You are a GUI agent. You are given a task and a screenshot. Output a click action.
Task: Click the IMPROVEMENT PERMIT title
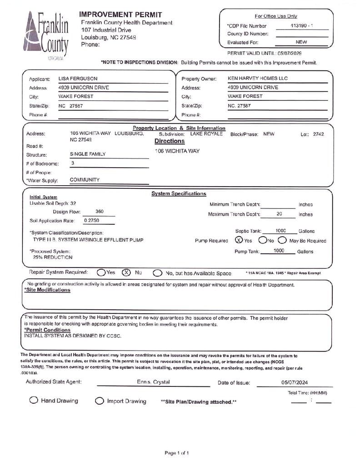point(120,15)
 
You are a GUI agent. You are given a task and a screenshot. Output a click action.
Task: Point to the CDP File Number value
point(301,26)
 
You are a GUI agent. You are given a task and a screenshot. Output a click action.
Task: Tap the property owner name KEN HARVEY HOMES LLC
point(257,79)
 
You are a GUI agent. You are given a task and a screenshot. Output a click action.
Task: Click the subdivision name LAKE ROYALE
point(206,134)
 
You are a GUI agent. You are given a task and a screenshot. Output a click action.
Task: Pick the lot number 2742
point(318,134)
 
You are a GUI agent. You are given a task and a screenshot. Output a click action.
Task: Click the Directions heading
point(170,141)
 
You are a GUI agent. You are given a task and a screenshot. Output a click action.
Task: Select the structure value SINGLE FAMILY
point(88,154)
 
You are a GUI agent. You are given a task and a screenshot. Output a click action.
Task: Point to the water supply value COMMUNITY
point(85,180)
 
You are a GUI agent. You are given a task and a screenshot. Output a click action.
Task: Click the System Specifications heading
point(179,194)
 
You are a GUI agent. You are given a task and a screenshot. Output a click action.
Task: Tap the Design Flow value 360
point(100,212)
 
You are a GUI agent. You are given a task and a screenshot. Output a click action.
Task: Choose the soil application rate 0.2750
point(92,220)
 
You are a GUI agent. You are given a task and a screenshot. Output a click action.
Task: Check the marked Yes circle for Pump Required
point(239,240)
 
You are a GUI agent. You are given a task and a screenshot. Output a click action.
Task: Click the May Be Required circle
point(282,240)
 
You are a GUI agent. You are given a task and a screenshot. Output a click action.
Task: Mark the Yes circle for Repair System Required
point(101,272)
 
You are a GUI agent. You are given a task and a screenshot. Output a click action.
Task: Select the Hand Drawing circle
point(34,400)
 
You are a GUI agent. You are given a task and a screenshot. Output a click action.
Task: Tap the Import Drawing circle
point(100,401)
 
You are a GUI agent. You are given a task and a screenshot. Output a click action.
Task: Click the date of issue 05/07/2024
point(295,382)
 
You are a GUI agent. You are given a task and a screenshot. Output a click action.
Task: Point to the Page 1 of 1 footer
point(177,453)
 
